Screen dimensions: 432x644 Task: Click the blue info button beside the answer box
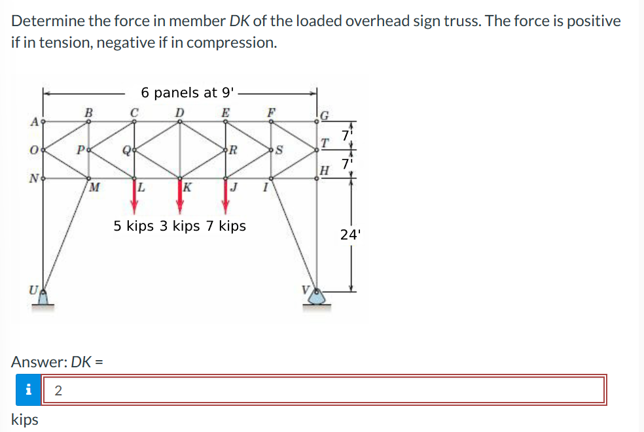coord(27,390)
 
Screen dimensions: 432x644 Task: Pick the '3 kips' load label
coord(179,226)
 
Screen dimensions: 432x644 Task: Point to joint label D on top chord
coord(179,112)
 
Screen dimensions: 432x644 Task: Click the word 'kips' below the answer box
coord(25,420)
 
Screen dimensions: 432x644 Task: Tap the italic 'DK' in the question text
coord(240,21)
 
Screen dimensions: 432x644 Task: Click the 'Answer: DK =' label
coord(58,361)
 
